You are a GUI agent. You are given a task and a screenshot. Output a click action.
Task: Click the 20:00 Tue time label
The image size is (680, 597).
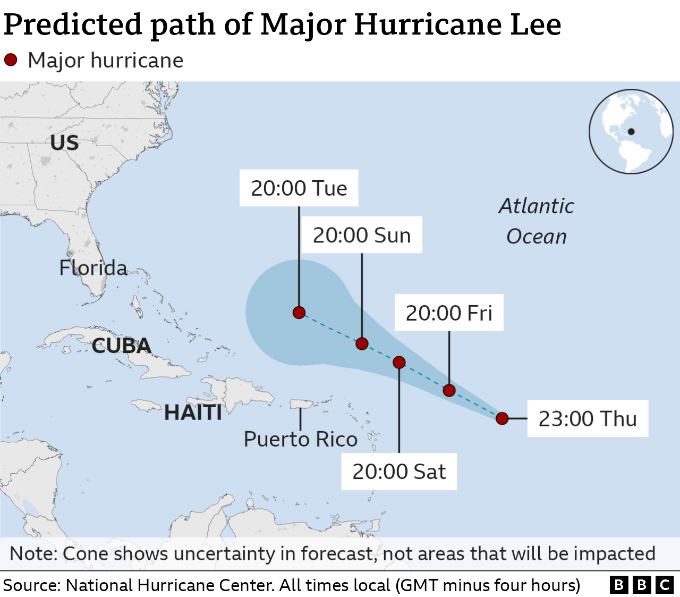299,188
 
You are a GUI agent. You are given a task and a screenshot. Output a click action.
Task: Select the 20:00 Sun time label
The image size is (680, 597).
362,235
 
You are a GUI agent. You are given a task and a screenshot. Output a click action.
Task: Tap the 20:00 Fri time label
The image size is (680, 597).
449,313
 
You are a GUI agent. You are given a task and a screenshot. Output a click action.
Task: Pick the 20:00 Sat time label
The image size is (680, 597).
399,472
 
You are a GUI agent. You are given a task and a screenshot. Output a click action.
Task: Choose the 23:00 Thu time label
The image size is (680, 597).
588,419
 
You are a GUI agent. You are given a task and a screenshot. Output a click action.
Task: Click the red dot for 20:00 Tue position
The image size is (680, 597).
299,313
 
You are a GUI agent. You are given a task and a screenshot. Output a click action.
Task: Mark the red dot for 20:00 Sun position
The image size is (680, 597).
362,344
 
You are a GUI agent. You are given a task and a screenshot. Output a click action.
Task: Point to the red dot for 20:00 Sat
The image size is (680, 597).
399,363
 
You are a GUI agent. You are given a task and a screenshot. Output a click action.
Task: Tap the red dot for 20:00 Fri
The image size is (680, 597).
449,391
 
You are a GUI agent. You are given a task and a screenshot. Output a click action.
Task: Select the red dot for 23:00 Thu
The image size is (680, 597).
502,419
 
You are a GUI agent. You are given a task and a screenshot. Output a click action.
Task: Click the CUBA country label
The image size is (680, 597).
121,346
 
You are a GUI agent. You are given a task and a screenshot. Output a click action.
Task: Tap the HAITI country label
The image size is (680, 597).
193,413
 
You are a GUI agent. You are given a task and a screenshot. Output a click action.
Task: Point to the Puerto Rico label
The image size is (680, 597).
300,440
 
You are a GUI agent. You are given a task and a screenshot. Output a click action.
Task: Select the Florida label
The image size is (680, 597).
93,268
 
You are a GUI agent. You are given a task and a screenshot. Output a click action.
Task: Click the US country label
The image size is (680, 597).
64,143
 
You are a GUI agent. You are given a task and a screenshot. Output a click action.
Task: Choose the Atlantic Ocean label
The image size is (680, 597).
536,221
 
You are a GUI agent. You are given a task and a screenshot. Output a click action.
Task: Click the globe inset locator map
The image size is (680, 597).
631,131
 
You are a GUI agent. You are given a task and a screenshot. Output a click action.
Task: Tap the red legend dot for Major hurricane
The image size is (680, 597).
11,60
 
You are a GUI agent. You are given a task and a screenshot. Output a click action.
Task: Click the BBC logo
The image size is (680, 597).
641,585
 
